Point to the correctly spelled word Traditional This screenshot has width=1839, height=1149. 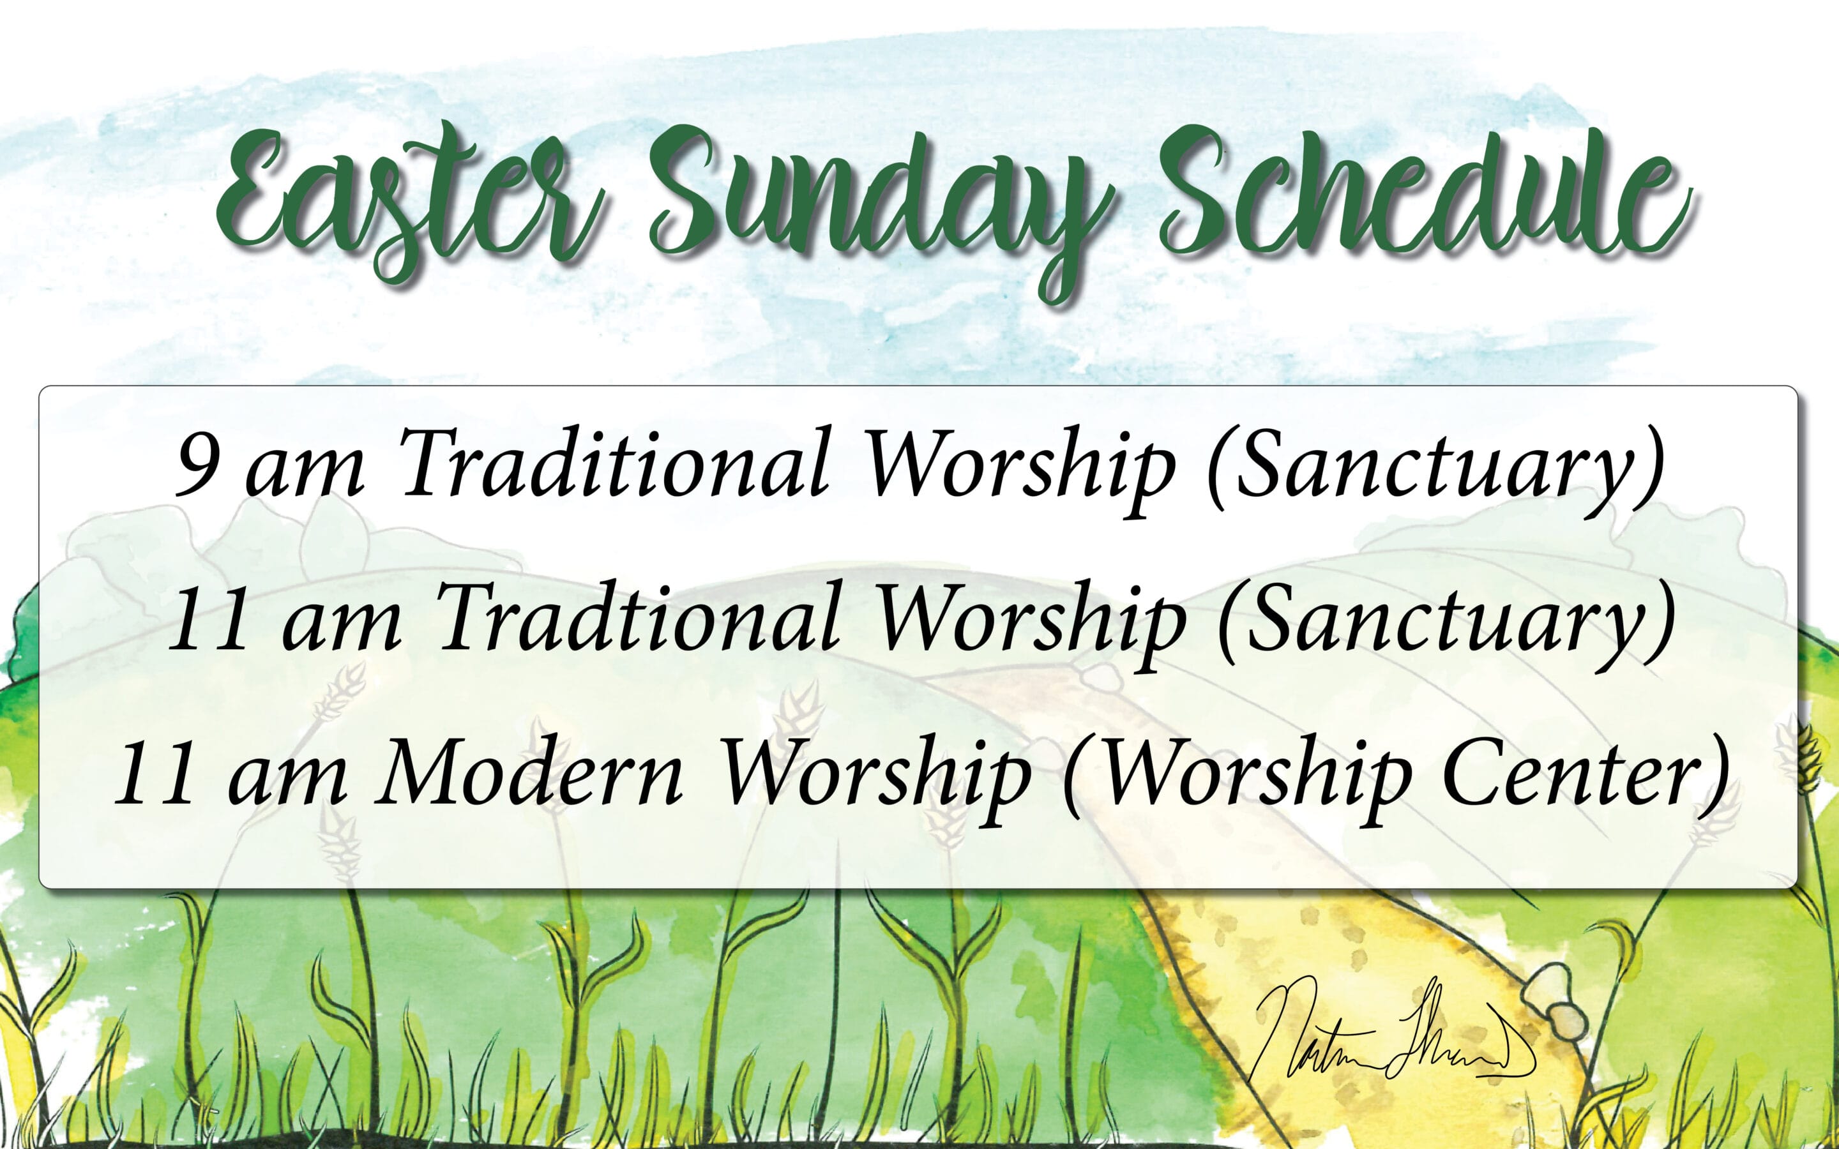click(616, 463)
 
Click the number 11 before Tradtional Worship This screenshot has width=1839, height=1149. click(209, 619)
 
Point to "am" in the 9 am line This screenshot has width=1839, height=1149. click(304, 471)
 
